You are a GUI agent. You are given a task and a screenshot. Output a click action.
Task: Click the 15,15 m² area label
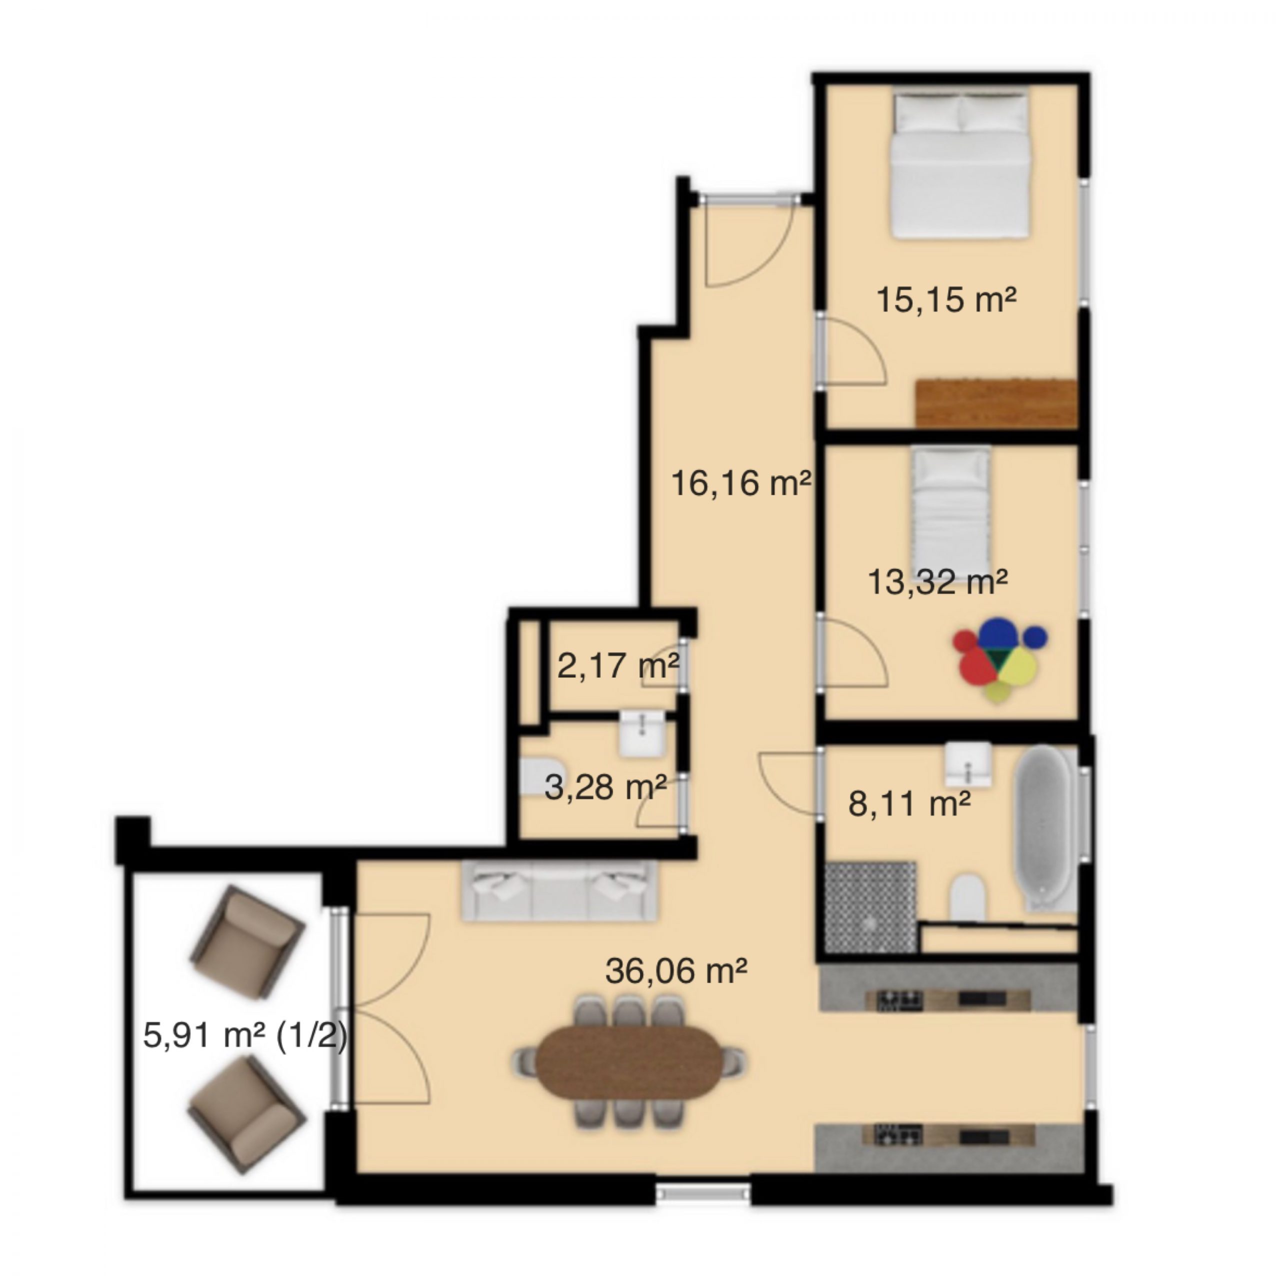pos(946,299)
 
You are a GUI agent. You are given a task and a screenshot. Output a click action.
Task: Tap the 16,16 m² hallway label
pos(740,482)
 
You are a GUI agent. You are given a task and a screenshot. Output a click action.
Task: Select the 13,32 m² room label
pos(937,582)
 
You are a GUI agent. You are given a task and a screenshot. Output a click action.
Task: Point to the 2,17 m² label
pos(618,666)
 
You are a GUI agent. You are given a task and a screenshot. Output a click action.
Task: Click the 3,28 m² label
pos(605,787)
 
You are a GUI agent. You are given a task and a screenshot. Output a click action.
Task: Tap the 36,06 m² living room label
pos(676,971)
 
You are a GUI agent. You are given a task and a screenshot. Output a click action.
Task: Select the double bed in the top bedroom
pos(959,164)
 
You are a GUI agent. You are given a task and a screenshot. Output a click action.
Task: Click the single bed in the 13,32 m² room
pos(950,503)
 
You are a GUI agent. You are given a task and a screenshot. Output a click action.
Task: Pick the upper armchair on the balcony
pos(246,943)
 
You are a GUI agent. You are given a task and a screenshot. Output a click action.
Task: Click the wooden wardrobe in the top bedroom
pos(996,403)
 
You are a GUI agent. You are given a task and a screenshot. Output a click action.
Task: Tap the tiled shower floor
pos(870,907)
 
